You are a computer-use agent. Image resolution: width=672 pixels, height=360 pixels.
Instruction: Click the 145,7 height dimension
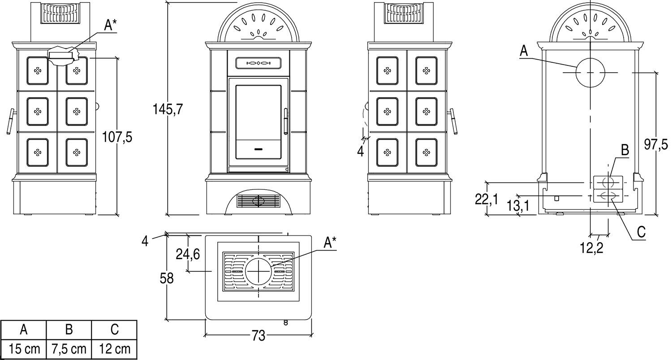(168, 109)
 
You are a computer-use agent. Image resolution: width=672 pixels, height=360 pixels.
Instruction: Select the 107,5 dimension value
(117, 137)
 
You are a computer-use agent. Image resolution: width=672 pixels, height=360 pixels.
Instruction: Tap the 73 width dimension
(258, 336)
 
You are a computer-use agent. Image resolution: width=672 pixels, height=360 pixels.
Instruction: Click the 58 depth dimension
(167, 278)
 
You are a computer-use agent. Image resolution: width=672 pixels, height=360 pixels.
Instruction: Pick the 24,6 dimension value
(188, 254)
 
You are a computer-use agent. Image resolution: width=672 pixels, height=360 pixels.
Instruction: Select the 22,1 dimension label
(486, 200)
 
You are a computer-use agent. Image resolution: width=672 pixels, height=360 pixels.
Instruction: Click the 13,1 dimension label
(519, 206)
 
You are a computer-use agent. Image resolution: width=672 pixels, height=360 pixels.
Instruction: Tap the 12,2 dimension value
(592, 247)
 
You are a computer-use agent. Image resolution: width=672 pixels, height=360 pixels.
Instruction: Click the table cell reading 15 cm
(24, 349)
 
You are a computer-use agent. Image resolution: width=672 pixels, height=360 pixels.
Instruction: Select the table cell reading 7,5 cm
(69, 349)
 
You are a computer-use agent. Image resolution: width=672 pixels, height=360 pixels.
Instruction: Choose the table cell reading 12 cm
(114, 349)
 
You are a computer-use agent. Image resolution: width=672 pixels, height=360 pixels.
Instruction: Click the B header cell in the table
(69, 330)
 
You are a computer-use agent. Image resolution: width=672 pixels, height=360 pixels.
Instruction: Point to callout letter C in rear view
(641, 232)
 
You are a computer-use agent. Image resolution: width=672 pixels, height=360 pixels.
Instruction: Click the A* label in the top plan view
(330, 243)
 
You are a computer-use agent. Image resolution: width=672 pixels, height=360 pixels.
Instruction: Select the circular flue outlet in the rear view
(590, 72)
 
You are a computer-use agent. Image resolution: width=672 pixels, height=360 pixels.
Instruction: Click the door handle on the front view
(286, 121)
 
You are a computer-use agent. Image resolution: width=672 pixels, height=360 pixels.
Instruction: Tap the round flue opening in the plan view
(258, 271)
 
